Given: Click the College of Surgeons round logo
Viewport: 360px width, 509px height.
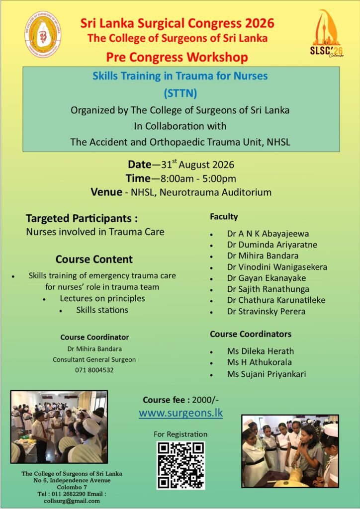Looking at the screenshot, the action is (x=43, y=34).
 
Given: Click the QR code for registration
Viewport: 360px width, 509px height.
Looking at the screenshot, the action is (x=181, y=465).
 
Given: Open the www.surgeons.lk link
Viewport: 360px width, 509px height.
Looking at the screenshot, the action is (x=181, y=413).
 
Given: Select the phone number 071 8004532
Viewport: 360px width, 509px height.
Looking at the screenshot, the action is (x=94, y=370).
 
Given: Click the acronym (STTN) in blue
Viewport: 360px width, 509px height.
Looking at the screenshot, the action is (x=180, y=93).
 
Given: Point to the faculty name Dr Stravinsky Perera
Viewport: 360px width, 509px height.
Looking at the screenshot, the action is (x=266, y=312).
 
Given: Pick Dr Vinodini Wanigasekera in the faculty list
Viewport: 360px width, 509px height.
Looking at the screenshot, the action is (x=277, y=267).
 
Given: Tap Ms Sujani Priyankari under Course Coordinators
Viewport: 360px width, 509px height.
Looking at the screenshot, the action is (x=267, y=374).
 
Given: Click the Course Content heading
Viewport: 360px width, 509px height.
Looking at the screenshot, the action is (x=94, y=259).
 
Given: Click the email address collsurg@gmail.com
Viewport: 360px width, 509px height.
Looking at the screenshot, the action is (x=72, y=501).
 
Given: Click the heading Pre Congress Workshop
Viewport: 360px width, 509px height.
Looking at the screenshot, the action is (x=177, y=58).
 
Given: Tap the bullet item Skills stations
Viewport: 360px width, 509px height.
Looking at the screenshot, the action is (x=102, y=310).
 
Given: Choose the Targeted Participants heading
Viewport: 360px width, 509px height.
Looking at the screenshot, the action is (x=82, y=219).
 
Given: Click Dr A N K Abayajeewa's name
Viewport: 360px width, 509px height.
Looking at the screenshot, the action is (x=268, y=234).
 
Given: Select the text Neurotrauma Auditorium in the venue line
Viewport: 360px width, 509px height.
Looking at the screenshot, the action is (x=215, y=192).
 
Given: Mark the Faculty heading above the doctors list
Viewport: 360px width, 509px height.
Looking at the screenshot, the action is (x=224, y=217).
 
